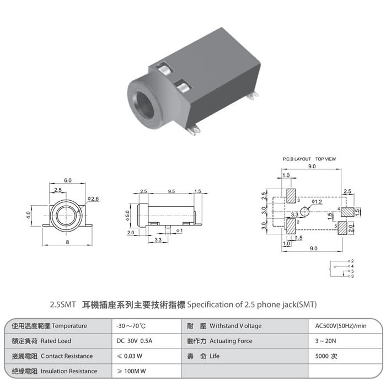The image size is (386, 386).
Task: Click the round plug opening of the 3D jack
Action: (x=145, y=105)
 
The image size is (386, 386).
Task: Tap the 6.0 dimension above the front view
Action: (x=68, y=180)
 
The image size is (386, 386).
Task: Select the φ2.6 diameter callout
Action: (x=93, y=199)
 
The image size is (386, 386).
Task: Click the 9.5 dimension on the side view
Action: (x=171, y=191)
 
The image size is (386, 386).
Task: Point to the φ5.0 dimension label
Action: (x=127, y=216)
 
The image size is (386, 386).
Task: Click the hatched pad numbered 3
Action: (x=291, y=196)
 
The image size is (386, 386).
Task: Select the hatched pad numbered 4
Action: (x=347, y=212)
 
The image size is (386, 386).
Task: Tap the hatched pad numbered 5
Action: (x=342, y=228)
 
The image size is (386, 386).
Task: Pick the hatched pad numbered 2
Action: (x=291, y=226)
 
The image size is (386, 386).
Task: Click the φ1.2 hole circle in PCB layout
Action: (x=305, y=212)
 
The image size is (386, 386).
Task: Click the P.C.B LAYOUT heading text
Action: (x=297, y=159)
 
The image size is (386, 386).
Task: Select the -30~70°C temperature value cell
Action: (x=131, y=326)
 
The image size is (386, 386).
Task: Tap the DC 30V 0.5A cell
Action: (x=134, y=341)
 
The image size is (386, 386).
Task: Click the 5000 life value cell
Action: (x=326, y=356)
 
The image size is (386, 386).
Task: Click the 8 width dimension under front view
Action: (x=67, y=242)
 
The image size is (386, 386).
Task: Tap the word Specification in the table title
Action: (x=210, y=305)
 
